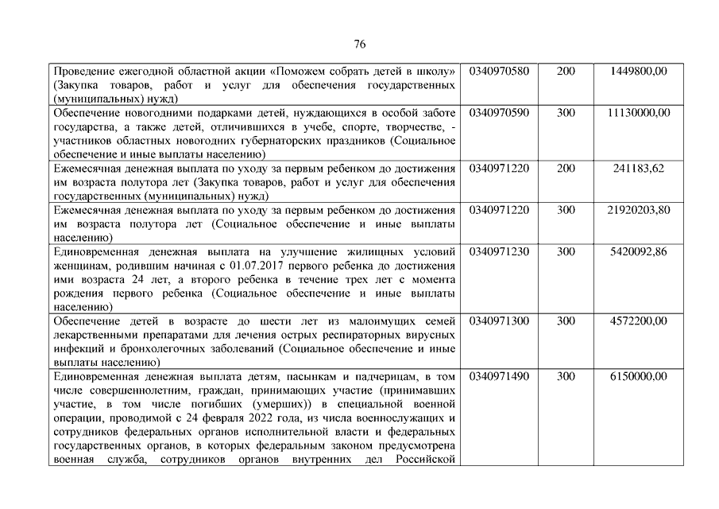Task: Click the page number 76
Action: (x=359, y=43)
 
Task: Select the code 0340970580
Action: (x=499, y=71)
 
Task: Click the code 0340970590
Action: (x=499, y=113)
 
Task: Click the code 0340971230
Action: (x=499, y=252)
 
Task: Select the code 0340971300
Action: (x=499, y=321)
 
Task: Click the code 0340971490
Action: (x=499, y=377)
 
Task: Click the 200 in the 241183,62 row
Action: (x=566, y=169)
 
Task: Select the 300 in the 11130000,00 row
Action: (x=566, y=113)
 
